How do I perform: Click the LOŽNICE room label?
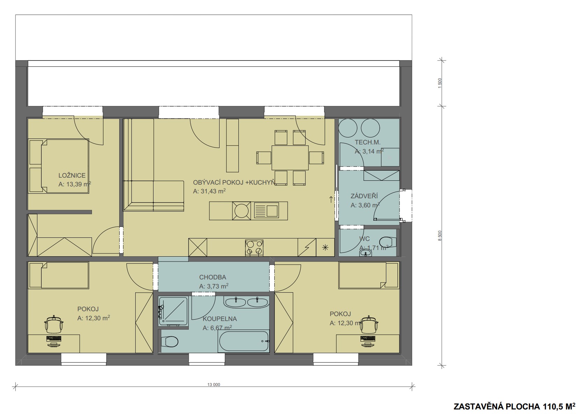coord(72,175)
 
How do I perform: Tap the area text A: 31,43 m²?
coord(209,191)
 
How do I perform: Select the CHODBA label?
coord(213,277)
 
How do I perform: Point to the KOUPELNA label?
coord(220,319)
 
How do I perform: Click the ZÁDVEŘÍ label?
coord(364,196)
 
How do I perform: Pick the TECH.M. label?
coord(367,142)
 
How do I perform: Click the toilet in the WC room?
coord(388,242)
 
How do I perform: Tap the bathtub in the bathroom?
coord(244,341)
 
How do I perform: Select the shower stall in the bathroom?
coord(173,311)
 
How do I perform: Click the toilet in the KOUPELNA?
coord(170,341)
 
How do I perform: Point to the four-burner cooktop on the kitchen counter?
coord(254,248)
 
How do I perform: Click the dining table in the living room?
coord(290,158)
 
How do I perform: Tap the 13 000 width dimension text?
coord(214,384)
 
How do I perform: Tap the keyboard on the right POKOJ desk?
coord(368,339)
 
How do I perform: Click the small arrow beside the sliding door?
coord(331,199)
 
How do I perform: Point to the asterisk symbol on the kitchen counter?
coord(325,248)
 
